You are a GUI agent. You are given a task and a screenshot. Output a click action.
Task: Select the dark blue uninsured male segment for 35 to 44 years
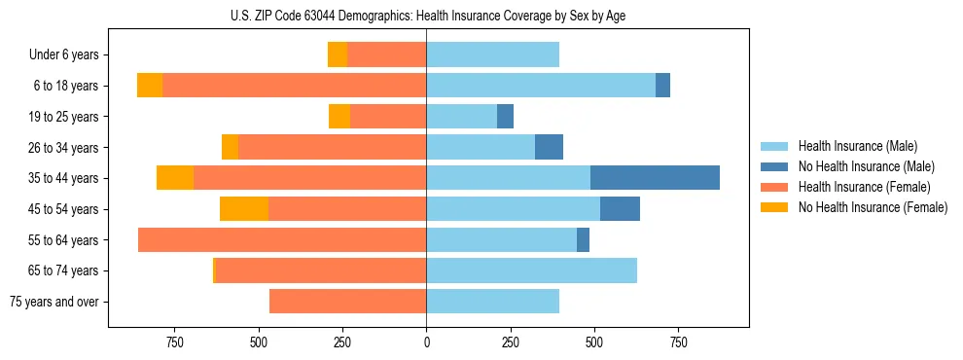655,178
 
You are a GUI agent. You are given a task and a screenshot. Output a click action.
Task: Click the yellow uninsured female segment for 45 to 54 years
244,209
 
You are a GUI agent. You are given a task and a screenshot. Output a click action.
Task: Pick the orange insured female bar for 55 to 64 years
282,240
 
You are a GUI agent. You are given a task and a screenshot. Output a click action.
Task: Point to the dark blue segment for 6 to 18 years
662,86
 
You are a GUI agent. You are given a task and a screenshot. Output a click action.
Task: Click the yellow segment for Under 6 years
338,54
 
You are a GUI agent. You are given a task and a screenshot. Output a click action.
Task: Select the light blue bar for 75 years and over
492,302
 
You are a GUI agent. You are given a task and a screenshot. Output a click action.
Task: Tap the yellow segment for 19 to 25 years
339,117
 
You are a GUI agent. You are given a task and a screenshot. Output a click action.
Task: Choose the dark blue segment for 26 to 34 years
549,147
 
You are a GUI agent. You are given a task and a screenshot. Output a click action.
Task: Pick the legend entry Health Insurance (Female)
864,187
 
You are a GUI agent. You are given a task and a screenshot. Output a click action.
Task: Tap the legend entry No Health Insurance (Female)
873,207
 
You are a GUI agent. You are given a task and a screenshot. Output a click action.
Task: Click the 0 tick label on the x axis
426,342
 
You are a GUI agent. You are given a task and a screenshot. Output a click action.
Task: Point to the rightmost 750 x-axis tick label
678,342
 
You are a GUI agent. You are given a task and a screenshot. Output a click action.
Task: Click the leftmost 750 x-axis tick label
175,342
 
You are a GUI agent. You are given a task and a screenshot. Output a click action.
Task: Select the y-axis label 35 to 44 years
64,178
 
